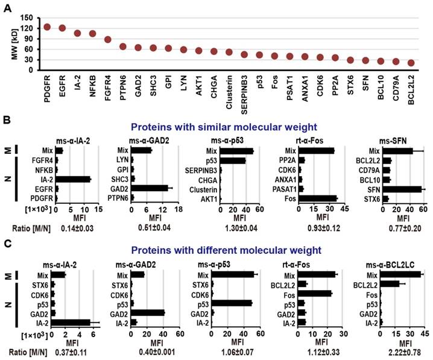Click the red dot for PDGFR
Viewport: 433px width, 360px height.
coord(47,27)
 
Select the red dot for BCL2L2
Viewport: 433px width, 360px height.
coord(411,63)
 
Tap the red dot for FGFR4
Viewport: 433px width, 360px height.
coord(108,40)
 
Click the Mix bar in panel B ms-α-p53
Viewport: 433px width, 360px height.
coord(237,151)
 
